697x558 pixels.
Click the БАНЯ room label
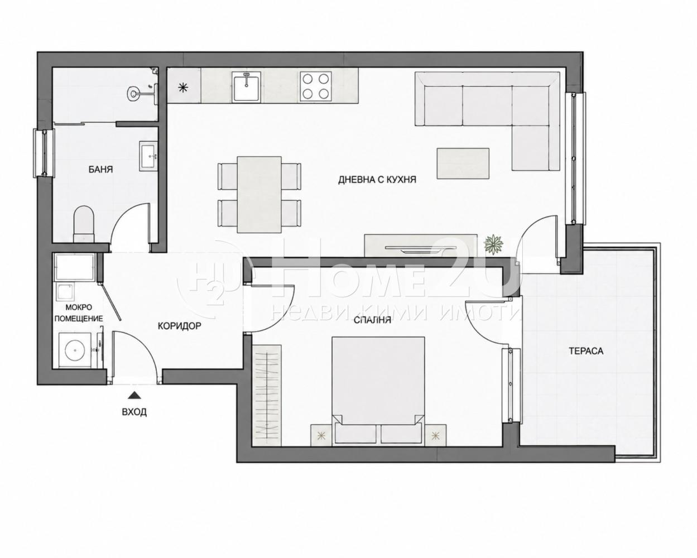(101, 169)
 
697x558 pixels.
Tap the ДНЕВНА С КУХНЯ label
(377, 180)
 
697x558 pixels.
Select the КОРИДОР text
(180, 326)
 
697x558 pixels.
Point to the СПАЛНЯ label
(372, 320)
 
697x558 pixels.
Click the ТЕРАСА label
(587, 351)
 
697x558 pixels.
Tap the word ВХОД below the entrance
(134, 412)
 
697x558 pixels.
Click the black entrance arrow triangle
(134, 395)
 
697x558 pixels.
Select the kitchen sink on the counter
(247, 86)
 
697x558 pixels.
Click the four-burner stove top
(315, 86)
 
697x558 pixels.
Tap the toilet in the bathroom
(84, 224)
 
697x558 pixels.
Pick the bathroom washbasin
(148, 156)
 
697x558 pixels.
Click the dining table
(259, 195)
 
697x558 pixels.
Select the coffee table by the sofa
(463, 163)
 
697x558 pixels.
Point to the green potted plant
(494, 244)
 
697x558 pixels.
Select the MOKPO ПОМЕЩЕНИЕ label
(79, 313)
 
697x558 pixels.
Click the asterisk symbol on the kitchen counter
(184, 88)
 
